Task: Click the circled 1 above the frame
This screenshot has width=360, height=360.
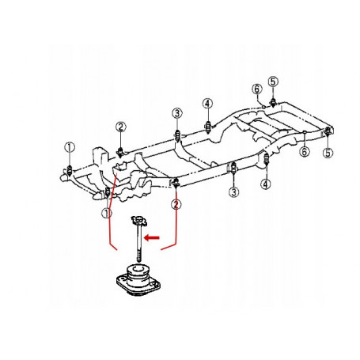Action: click(x=70, y=147)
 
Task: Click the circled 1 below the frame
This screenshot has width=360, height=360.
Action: click(x=107, y=213)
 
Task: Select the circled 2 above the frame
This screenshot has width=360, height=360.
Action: click(x=121, y=127)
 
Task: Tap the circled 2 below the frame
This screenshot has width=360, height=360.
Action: click(x=176, y=204)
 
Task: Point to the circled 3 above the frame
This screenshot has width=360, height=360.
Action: click(x=177, y=113)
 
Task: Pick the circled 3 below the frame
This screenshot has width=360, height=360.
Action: click(x=234, y=191)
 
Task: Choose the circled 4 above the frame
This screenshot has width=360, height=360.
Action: click(x=208, y=104)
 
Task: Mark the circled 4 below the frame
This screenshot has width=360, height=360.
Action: click(x=266, y=184)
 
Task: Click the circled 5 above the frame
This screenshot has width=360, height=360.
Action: click(x=273, y=81)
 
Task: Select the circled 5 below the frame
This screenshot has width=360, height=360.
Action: click(x=328, y=153)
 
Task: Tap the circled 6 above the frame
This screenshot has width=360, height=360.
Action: click(x=257, y=89)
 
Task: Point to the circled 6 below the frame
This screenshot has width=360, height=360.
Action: click(x=305, y=152)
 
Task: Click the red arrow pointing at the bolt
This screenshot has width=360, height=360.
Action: click(x=152, y=238)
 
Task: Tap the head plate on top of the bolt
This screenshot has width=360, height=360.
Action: click(x=138, y=220)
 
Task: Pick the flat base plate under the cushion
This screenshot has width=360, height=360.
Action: click(x=138, y=286)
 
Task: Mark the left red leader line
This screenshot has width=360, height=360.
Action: click(x=110, y=211)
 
